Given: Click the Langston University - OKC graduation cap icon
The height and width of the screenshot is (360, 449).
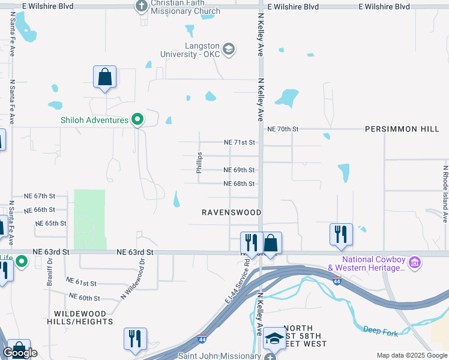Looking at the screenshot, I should tap(228, 49).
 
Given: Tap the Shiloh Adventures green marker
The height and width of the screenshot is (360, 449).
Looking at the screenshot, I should tap(137, 120).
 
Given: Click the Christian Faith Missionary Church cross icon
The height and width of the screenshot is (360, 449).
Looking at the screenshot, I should tap(142, 7).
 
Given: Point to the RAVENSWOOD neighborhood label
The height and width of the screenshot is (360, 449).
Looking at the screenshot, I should tap(232, 212).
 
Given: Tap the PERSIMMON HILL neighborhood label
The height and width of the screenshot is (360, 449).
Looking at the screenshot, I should tap(402, 129).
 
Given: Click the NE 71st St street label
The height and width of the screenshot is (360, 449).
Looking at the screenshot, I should tap(240, 143).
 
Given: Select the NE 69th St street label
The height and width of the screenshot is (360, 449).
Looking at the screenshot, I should tap(240, 170).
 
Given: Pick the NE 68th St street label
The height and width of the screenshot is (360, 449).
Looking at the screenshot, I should tap(240, 184).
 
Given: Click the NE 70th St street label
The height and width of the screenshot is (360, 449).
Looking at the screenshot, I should tap(283, 129).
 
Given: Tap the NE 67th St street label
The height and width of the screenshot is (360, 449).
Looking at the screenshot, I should tap(40, 196).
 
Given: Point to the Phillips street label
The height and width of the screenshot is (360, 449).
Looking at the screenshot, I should tap(199, 163).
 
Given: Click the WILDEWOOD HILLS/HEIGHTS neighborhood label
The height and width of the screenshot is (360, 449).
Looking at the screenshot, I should tap(80, 317).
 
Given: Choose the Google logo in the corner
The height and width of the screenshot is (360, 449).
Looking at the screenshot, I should tap(20, 353).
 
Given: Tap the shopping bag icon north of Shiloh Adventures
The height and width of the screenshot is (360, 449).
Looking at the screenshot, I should tap(104, 77).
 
